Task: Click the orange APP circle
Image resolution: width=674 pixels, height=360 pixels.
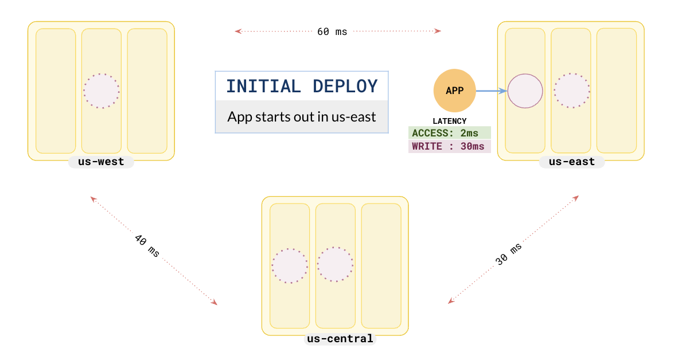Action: (455, 91)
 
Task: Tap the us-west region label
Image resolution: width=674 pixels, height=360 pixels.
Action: (101, 162)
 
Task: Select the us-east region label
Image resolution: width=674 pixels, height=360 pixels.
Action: (571, 162)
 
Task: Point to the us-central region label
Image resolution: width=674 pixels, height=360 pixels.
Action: (340, 339)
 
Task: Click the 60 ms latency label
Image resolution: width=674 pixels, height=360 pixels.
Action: (332, 32)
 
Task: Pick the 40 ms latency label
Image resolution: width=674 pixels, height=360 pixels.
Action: (147, 245)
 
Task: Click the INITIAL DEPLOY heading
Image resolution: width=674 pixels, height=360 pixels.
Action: (302, 87)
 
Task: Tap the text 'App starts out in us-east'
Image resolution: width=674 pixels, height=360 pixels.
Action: (302, 117)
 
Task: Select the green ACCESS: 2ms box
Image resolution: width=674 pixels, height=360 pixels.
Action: (450, 132)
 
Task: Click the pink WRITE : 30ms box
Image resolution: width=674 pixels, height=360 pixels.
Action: (450, 146)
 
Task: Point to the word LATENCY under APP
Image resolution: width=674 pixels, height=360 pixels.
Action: (450, 121)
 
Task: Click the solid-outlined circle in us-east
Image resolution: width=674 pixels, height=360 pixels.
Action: (525, 91)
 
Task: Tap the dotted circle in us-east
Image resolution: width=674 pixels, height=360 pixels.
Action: (571, 91)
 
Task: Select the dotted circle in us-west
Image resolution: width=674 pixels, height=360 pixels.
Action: (102, 91)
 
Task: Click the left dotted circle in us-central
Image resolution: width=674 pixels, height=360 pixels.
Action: (290, 266)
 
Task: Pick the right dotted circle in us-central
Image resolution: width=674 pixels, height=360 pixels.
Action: (336, 265)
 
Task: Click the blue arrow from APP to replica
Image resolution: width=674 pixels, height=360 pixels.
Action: (492, 91)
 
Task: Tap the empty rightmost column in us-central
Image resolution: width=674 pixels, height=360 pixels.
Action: (381, 265)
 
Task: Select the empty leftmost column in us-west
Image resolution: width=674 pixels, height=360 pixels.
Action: (56, 91)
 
